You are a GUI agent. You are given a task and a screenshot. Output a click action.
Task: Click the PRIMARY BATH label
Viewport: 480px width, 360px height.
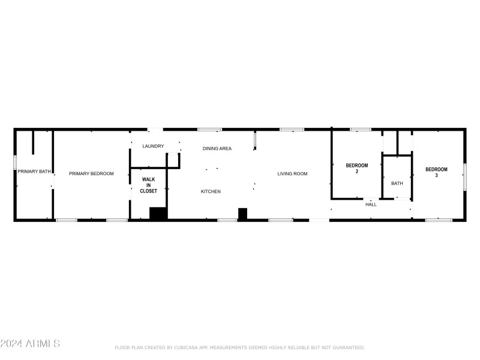tap(34, 172)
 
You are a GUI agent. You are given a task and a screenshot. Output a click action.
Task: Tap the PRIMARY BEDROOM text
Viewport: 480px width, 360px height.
tap(91, 173)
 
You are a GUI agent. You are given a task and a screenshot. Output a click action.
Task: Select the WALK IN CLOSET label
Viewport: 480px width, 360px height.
tap(149, 185)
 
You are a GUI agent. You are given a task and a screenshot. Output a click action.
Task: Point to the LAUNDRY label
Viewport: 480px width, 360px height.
tap(153, 146)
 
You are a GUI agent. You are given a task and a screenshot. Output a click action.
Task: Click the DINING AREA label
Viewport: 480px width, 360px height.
tap(217, 148)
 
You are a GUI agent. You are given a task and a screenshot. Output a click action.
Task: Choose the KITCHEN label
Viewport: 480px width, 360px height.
tap(211, 191)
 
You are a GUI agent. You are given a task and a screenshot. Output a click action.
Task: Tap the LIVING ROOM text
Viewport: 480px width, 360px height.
tap(292, 173)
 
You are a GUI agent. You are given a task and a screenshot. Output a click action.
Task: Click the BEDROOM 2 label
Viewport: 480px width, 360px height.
tap(356, 169)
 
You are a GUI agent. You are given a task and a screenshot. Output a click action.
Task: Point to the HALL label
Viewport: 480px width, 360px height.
tap(371, 205)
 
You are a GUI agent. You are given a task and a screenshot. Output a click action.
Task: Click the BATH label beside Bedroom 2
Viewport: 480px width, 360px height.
tap(397, 183)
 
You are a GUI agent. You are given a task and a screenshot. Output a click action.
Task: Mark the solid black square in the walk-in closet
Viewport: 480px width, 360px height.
tap(158, 214)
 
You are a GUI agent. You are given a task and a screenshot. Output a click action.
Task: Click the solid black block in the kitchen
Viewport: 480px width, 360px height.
tap(242, 214)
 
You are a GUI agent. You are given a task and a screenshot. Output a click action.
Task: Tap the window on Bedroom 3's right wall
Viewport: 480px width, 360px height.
tap(464, 176)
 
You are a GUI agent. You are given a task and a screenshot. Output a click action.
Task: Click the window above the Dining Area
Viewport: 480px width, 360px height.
tap(209, 129)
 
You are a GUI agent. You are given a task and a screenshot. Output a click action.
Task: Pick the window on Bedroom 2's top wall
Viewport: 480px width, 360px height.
tap(361, 129)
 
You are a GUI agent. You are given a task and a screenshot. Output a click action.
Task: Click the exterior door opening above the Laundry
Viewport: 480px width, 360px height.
tap(155, 129)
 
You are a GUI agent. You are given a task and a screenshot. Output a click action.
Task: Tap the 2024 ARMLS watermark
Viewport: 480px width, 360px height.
tap(30, 344)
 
